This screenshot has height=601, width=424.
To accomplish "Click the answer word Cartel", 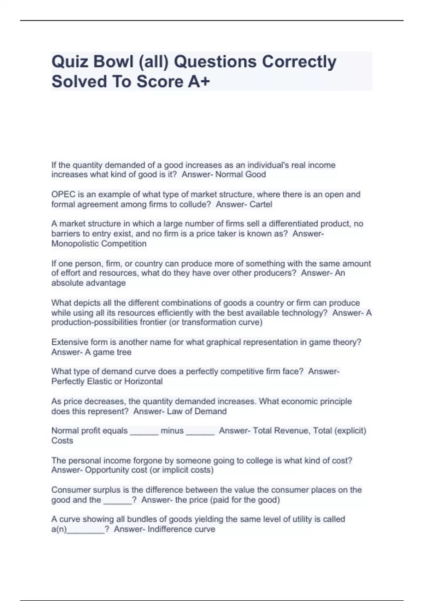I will point(261,204).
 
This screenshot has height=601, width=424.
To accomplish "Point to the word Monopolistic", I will point(75,244).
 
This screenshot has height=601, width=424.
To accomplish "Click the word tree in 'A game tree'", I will point(123,352).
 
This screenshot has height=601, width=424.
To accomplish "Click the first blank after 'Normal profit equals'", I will point(144,432).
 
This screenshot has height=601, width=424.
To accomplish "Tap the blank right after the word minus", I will point(200,432).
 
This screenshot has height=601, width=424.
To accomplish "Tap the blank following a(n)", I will point(86,530).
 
